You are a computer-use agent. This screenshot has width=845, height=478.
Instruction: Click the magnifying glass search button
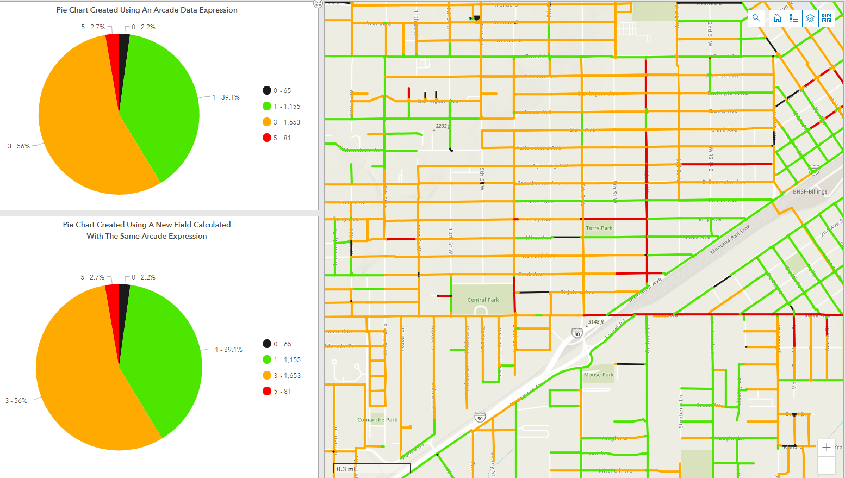tap(756, 18)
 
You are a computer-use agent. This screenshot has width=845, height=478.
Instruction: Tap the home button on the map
tap(778, 18)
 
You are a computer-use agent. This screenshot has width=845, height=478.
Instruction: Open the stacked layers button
tap(810, 18)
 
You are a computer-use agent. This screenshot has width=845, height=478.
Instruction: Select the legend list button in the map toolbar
tap(794, 18)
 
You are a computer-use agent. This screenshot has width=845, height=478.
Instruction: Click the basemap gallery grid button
tap(827, 18)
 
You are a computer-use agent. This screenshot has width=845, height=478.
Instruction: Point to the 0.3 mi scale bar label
tap(346, 469)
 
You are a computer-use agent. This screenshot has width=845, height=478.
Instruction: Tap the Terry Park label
tap(599, 228)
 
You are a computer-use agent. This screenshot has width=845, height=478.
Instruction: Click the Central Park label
tap(483, 300)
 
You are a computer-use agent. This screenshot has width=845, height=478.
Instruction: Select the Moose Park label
tap(599, 375)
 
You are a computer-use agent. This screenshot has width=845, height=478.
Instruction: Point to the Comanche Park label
tap(377, 420)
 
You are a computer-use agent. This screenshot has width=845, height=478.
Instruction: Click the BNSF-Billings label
tap(810, 191)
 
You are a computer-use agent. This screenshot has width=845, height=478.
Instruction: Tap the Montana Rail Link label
tap(730, 239)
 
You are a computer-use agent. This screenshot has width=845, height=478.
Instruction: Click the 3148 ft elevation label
tap(596, 322)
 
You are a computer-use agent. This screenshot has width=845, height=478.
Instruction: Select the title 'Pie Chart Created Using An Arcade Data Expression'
tap(147, 10)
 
